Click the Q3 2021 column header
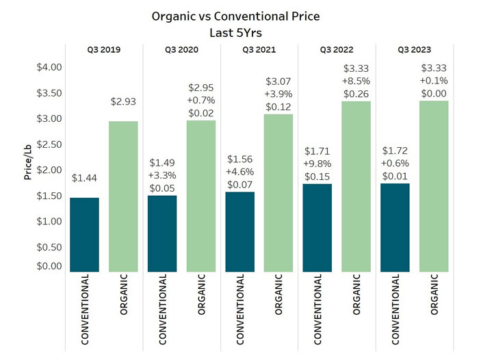259,50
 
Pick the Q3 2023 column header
415,50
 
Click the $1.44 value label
85,177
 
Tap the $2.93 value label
124,101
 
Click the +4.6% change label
240,166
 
